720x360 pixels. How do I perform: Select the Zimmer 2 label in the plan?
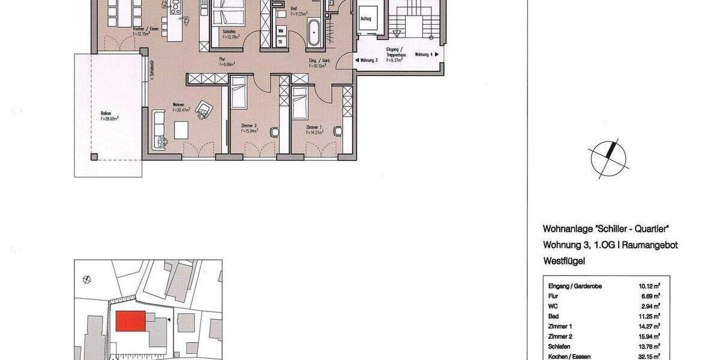(248, 128)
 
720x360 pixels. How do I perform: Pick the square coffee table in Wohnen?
(181, 129)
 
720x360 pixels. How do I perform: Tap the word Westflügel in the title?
(564, 261)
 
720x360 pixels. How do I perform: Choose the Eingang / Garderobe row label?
(571, 286)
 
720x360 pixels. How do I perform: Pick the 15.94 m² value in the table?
(650, 336)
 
